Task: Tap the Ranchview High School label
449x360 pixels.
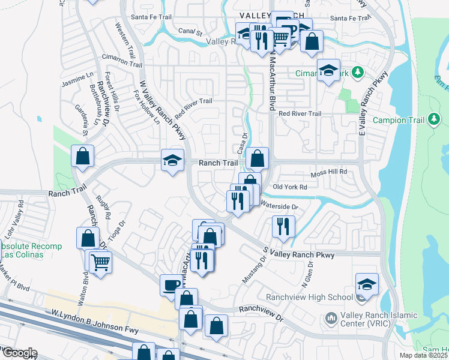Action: tap(328, 297)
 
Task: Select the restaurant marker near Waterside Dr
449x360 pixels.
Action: tap(282, 226)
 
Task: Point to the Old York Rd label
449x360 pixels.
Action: tap(290, 187)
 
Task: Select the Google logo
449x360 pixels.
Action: tap(19, 353)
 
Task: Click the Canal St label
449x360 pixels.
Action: tap(190, 31)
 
